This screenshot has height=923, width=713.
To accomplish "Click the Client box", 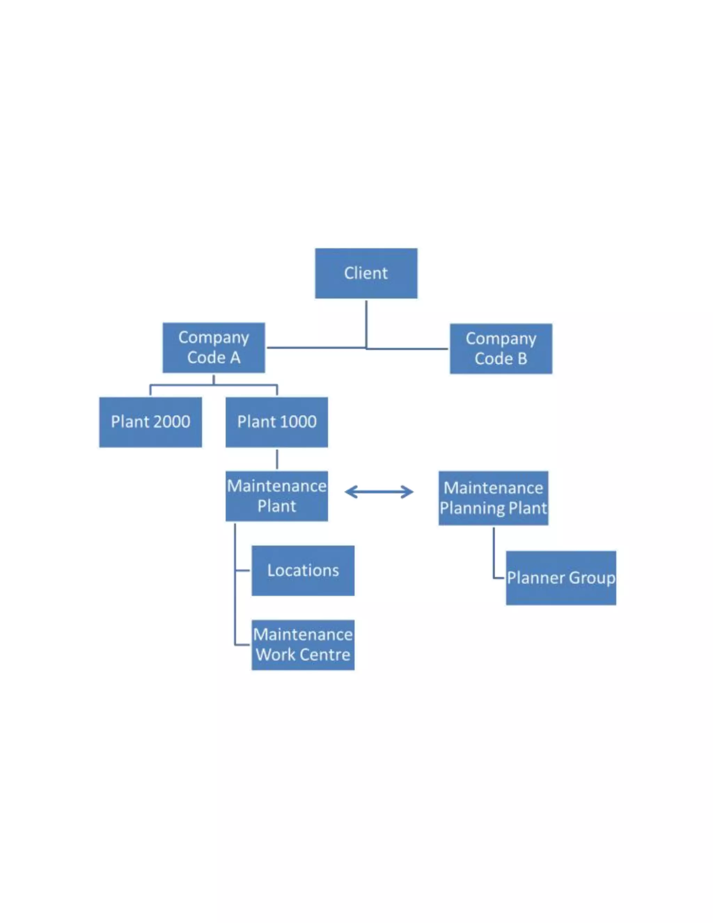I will point(366,273).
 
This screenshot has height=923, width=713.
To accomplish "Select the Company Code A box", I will point(214,347).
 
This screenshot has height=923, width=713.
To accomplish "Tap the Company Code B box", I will point(501,349).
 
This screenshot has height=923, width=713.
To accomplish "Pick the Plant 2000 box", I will point(150,422).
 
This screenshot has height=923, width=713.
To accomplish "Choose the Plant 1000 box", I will point(277,422).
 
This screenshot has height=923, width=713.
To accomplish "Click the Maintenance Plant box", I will point(277,496).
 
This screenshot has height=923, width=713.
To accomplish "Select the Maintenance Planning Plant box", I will point(493,498).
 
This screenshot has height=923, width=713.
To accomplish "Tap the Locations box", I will point(303,571).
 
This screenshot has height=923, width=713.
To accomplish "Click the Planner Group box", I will point(561,578).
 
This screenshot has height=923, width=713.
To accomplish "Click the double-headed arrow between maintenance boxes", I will point(379,492).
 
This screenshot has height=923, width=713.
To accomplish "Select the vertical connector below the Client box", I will point(366,323).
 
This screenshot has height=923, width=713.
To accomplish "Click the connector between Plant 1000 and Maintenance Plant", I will point(277,459).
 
